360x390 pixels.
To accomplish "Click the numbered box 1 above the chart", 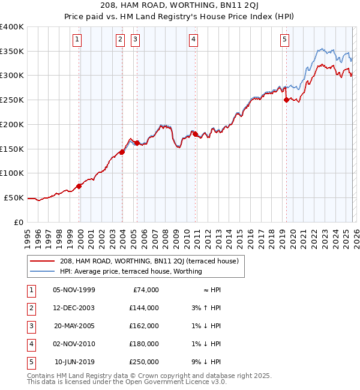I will [78, 40].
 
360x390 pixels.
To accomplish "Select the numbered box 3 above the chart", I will [135, 40].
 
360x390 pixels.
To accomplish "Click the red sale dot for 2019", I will [286, 100].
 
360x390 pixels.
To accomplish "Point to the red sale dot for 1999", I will [79, 186].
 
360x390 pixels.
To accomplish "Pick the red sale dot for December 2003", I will [122, 152].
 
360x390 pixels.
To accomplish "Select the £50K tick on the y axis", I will [14, 197].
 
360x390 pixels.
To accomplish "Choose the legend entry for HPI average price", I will [131, 271].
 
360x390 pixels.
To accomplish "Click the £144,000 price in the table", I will [144, 308].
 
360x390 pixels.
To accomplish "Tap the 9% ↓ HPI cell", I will [208, 362].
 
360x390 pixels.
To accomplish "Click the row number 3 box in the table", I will [30, 326].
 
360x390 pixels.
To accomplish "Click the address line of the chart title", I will [180, 6].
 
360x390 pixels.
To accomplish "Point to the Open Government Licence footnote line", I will [127, 382].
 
